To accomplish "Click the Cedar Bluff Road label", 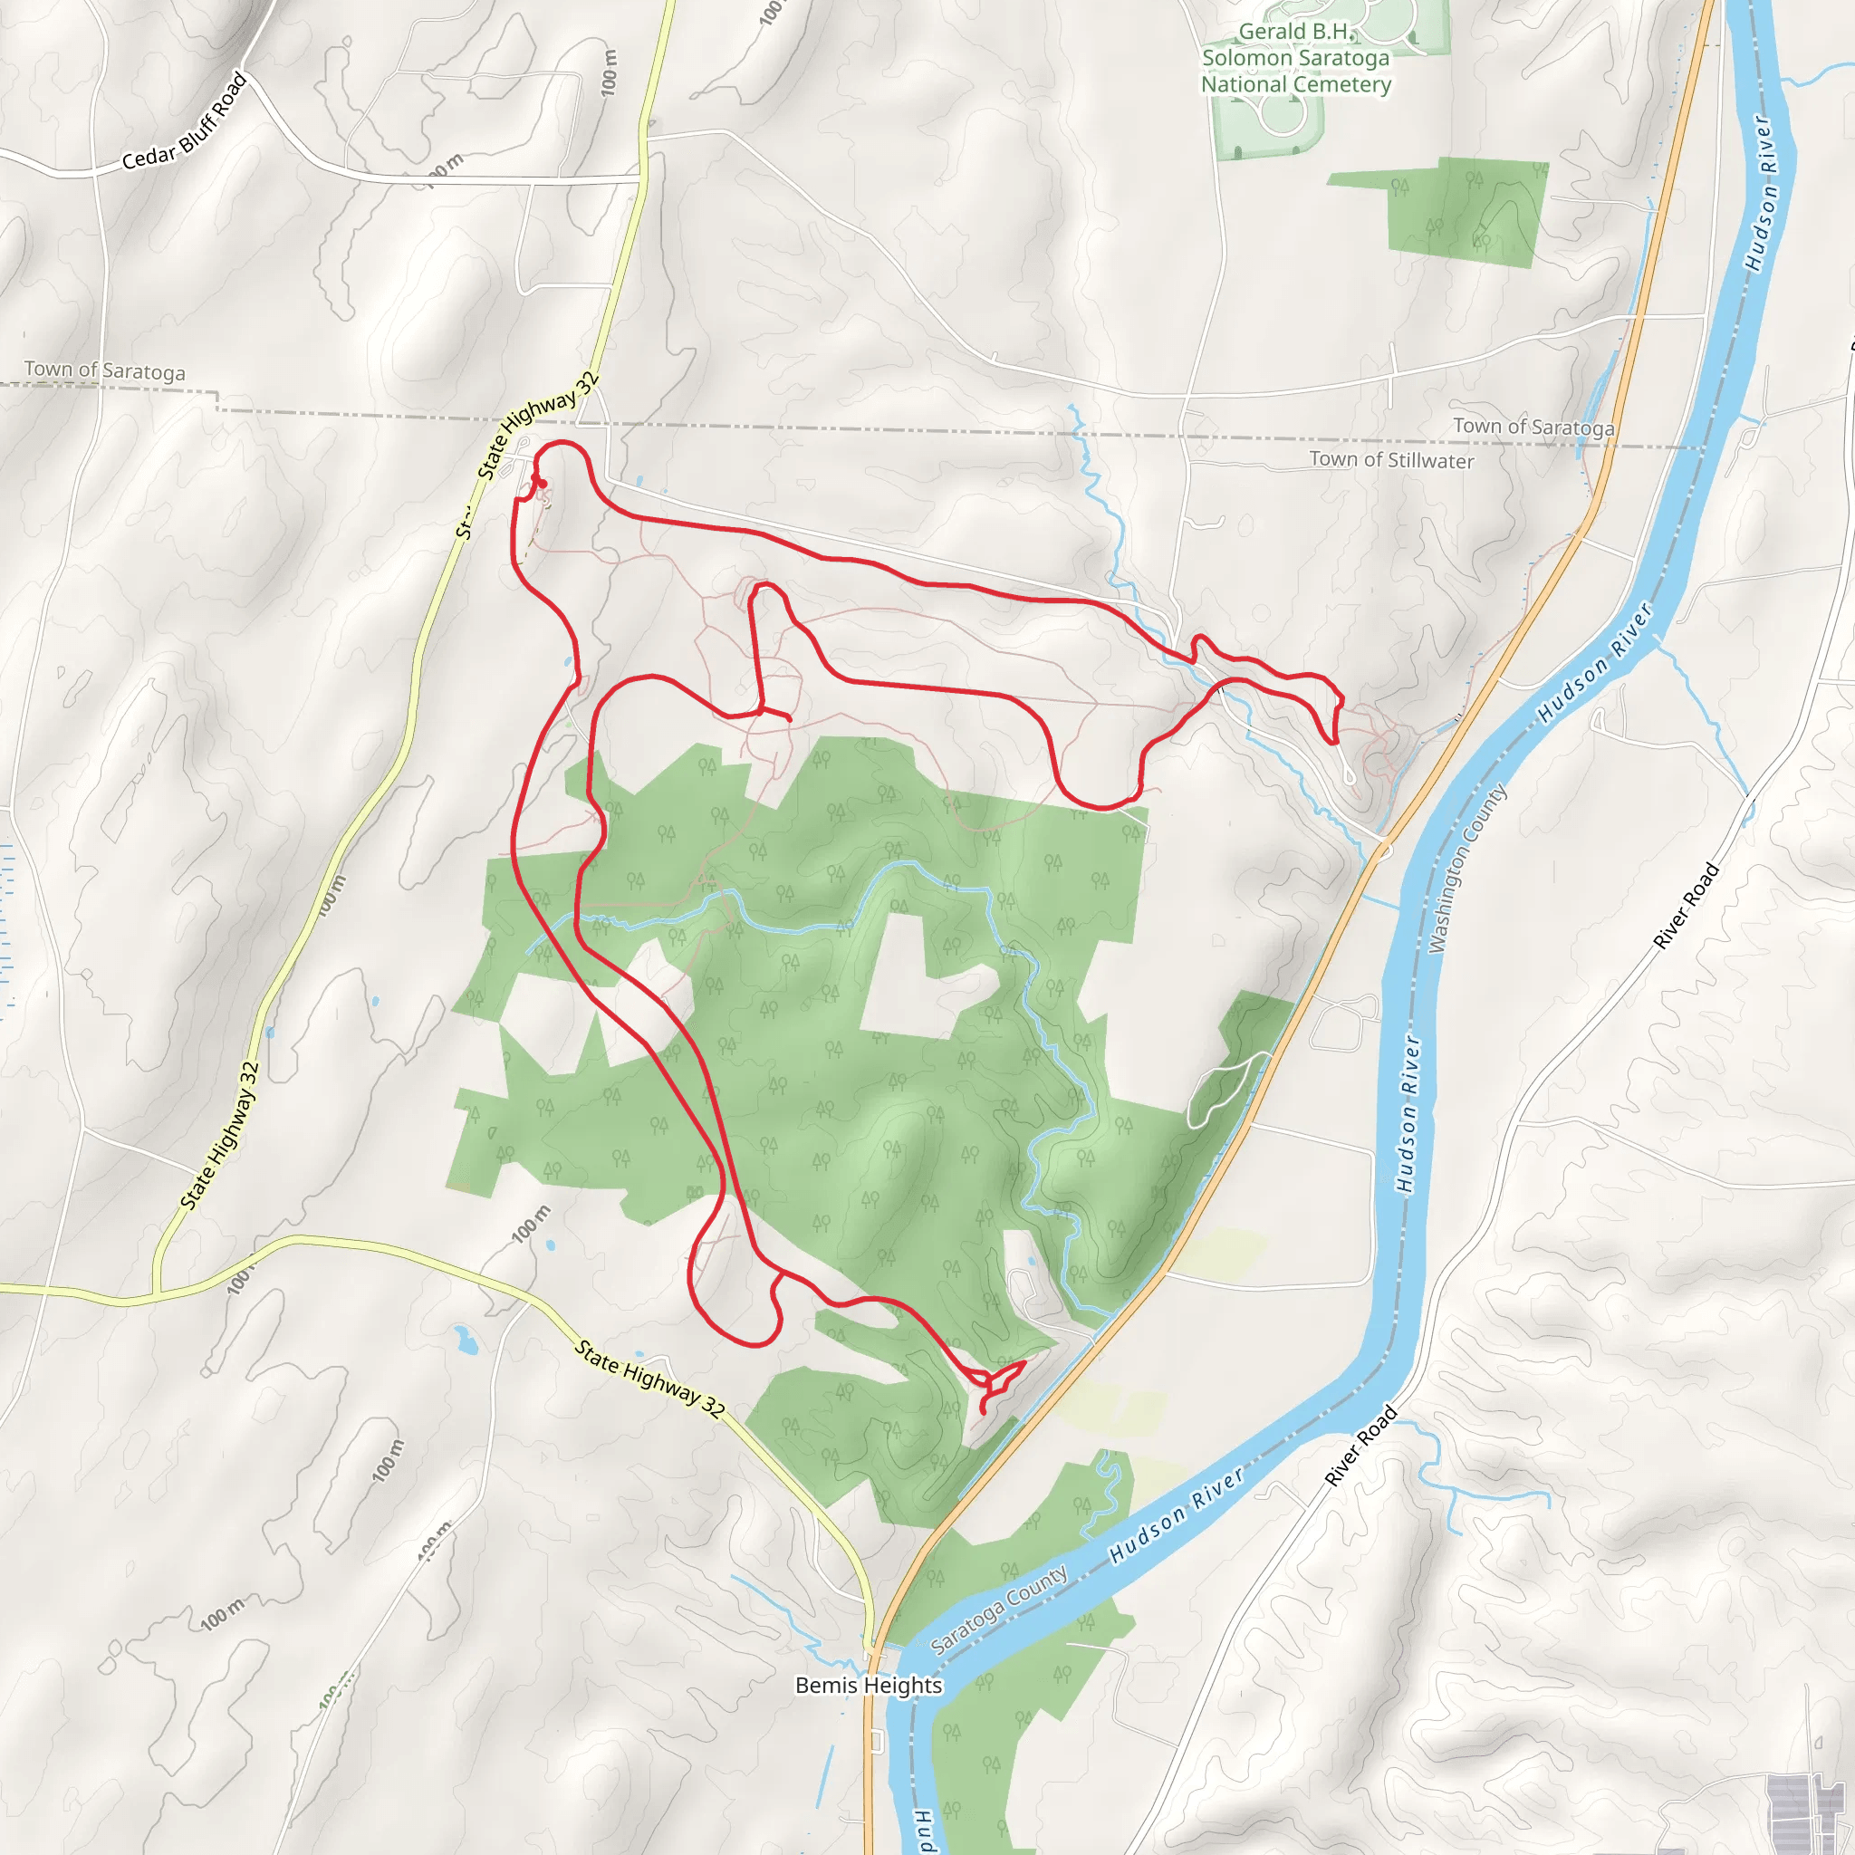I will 186,123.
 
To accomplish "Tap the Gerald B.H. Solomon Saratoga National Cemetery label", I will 1295,59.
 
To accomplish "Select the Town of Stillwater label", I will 1391,460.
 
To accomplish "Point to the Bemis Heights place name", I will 868,1685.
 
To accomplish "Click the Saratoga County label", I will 998,1609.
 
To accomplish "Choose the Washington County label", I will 1466,869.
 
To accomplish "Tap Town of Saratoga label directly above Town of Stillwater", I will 1533,427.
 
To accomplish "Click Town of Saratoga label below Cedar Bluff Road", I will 105,370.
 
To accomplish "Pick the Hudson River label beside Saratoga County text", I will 1177,1514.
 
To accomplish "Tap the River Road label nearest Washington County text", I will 1685,907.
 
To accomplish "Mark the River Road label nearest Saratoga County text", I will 1360,1446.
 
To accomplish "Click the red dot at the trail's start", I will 540,483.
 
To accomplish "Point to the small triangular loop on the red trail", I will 1001,1380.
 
